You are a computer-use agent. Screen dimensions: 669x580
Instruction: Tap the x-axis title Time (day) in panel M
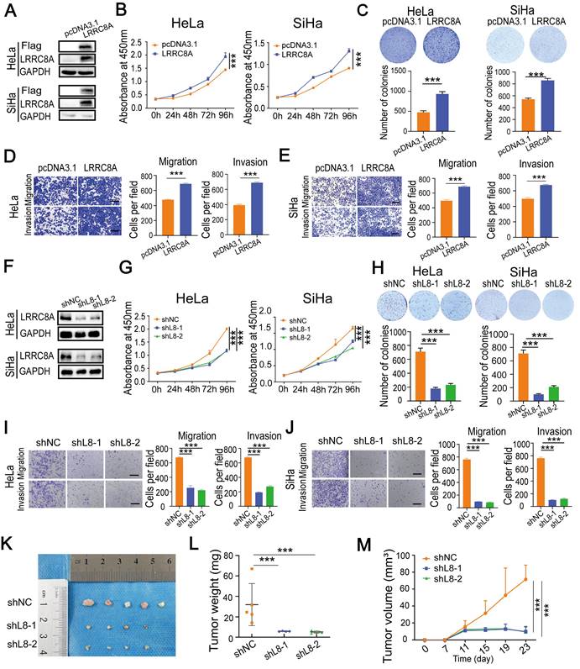(x=477, y=661)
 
